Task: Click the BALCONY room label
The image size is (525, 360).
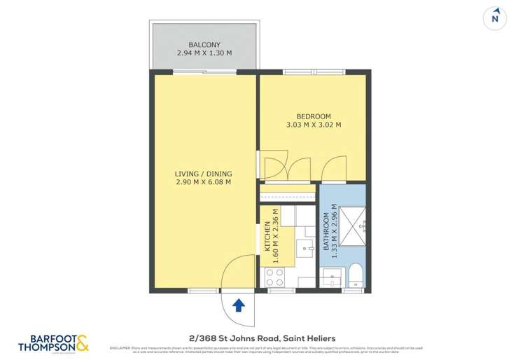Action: pyautogui.click(x=204, y=44)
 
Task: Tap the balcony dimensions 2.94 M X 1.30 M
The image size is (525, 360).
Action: pyautogui.click(x=204, y=53)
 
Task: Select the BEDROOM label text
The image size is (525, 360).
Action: pyautogui.click(x=313, y=116)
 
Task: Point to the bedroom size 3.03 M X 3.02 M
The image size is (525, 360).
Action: pyautogui.click(x=313, y=125)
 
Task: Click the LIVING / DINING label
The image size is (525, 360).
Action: pyautogui.click(x=203, y=174)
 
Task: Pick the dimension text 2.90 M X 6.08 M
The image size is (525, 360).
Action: pyautogui.click(x=203, y=182)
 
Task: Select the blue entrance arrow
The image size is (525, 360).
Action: pyautogui.click(x=238, y=305)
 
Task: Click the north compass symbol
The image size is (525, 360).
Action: pyautogui.click(x=496, y=19)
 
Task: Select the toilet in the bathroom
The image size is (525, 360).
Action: pyautogui.click(x=356, y=275)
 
